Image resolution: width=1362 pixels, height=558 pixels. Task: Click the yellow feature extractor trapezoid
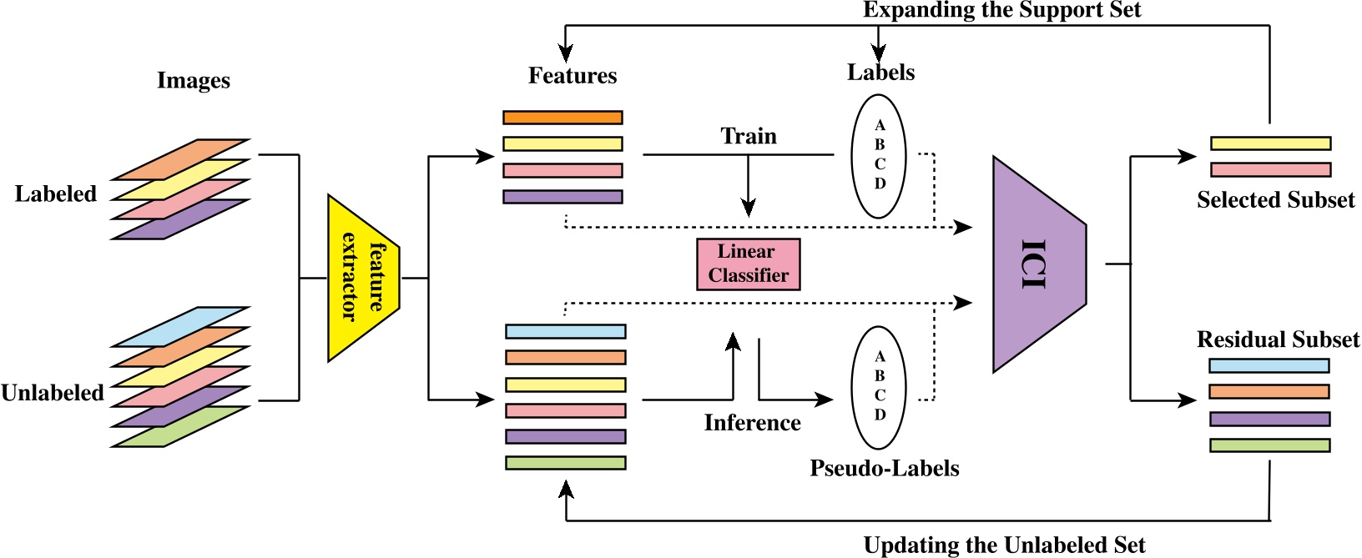click(364, 279)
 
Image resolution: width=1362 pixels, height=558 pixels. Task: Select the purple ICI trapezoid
click(1040, 264)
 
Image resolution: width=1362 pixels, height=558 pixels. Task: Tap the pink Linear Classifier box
click(748, 264)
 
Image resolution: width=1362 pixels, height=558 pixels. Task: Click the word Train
click(749, 136)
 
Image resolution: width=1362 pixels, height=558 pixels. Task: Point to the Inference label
click(752, 422)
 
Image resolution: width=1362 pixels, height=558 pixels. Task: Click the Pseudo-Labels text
click(884, 468)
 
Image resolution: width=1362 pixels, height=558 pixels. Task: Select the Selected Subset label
click(1276, 199)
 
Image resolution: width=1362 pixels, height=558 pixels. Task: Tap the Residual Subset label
click(1278, 339)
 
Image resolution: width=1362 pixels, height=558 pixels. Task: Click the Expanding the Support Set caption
click(1002, 10)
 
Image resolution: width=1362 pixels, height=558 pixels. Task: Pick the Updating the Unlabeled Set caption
click(1005, 545)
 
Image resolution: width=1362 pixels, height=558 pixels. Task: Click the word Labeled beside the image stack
click(56, 194)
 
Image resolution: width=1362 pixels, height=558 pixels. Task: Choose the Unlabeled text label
click(53, 393)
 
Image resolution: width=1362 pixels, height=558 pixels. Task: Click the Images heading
click(194, 80)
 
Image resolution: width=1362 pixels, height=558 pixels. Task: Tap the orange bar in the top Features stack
click(562, 118)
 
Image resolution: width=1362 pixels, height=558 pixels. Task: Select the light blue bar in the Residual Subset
click(1269, 365)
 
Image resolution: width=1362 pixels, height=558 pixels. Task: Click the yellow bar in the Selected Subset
click(1271, 143)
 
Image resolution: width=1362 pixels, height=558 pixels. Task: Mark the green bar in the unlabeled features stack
click(566, 463)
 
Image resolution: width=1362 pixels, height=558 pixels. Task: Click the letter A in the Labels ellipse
click(880, 125)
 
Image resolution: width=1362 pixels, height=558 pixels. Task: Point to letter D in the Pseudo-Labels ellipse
click(880, 415)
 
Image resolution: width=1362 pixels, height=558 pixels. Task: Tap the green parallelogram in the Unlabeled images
click(180, 427)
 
